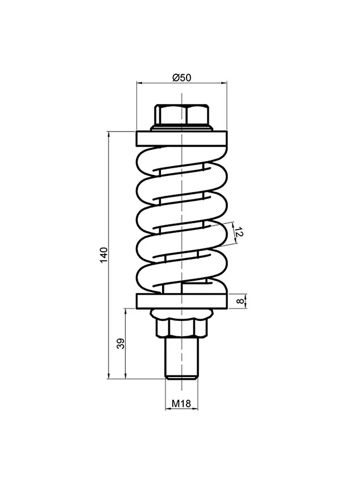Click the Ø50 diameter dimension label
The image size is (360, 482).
[x=181, y=78]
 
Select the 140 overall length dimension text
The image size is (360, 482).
[x=104, y=255]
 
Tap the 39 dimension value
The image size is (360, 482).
[x=121, y=344]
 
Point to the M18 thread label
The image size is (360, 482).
[x=181, y=403]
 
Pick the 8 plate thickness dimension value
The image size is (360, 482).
[x=240, y=301]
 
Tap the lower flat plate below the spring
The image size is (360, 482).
[x=181, y=301]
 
